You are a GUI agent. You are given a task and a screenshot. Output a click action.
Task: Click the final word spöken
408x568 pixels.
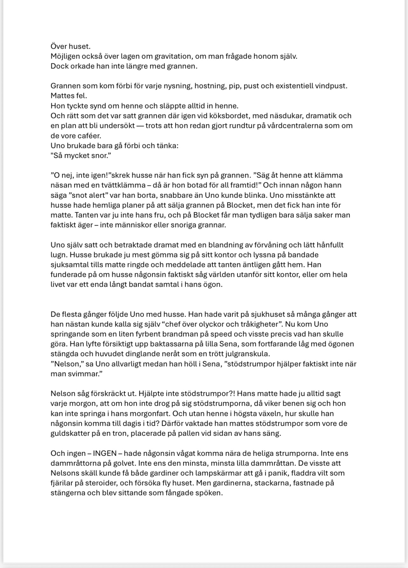point(209,493)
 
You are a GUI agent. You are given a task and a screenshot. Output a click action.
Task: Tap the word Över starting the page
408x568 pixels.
point(58,46)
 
